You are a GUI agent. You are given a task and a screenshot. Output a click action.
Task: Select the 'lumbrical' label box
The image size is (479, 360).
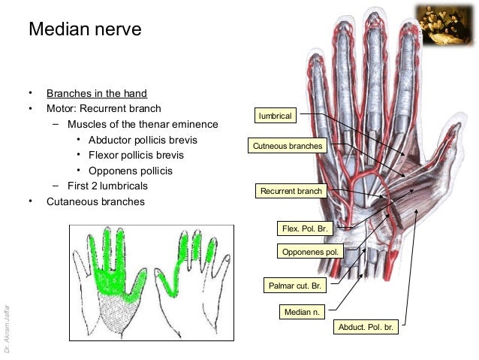point(275,116)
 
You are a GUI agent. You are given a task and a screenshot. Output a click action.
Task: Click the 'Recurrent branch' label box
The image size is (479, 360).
point(291,192)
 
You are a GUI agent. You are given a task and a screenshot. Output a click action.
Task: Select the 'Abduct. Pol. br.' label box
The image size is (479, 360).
point(366,328)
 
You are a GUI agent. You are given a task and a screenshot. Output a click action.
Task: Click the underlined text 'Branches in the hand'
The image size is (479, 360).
point(97,94)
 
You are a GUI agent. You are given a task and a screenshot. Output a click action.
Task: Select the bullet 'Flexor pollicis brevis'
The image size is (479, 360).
point(136,156)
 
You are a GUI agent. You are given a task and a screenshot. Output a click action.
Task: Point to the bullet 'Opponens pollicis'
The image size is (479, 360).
point(131,171)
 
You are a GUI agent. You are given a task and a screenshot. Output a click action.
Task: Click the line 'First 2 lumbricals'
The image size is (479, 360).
point(107,186)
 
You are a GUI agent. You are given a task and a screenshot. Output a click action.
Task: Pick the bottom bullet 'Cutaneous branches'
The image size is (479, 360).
point(95,201)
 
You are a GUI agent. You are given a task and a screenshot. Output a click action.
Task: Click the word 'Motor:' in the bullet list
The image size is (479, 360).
point(62,109)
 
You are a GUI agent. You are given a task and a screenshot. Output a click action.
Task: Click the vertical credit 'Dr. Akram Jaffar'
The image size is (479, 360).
point(7,328)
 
